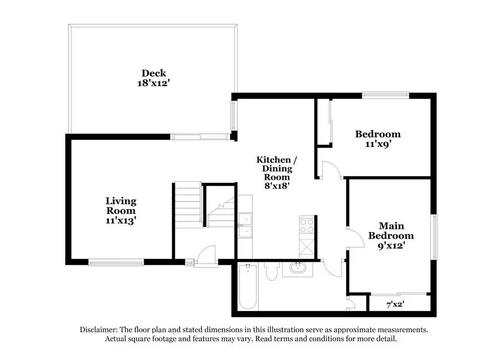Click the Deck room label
click(153, 73)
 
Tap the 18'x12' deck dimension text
click(153, 83)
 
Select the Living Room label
click(121, 206)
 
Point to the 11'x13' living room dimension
click(121, 220)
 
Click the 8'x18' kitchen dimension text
click(276, 186)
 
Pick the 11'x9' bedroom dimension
click(377, 144)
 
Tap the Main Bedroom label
click(391, 231)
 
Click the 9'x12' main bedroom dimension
click(391, 245)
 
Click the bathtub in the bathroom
click(247, 288)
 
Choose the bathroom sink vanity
click(297, 269)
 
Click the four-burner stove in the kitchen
click(307, 226)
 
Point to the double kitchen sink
click(245, 225)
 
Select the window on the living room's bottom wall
click(116, 262)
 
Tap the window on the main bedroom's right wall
click(434, 237)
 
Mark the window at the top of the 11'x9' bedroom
click(386, 95)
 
